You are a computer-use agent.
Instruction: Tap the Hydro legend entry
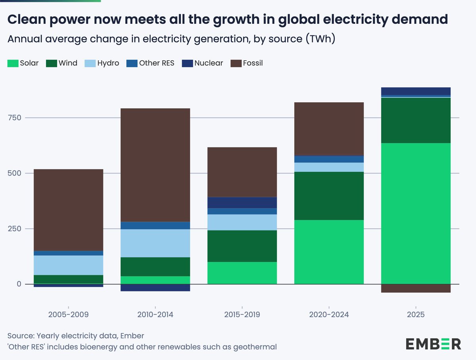tap(102, 63)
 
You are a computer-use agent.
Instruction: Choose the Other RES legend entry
tap(150, 63)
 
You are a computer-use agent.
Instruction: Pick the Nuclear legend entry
tap(202, 63)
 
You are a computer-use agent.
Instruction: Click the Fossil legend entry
tap(247, 63)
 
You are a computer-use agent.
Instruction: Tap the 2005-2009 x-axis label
tap(68, 315)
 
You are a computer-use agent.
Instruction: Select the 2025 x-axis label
tap(415, 315)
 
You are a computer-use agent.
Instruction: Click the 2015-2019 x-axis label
tap(242, 315)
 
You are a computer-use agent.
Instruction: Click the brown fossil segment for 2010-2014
tap(155, 165)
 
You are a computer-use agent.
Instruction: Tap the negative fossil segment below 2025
tap(415, 288)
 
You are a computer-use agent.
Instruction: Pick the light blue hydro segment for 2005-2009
tap(68, 265)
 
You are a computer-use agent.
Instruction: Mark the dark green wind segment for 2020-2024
tap(329, 195)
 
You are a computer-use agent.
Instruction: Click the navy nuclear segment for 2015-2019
tap(242, 203)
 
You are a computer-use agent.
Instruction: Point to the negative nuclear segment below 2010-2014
tap(155, 287)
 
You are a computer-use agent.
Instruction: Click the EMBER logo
tap(433, 344)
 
